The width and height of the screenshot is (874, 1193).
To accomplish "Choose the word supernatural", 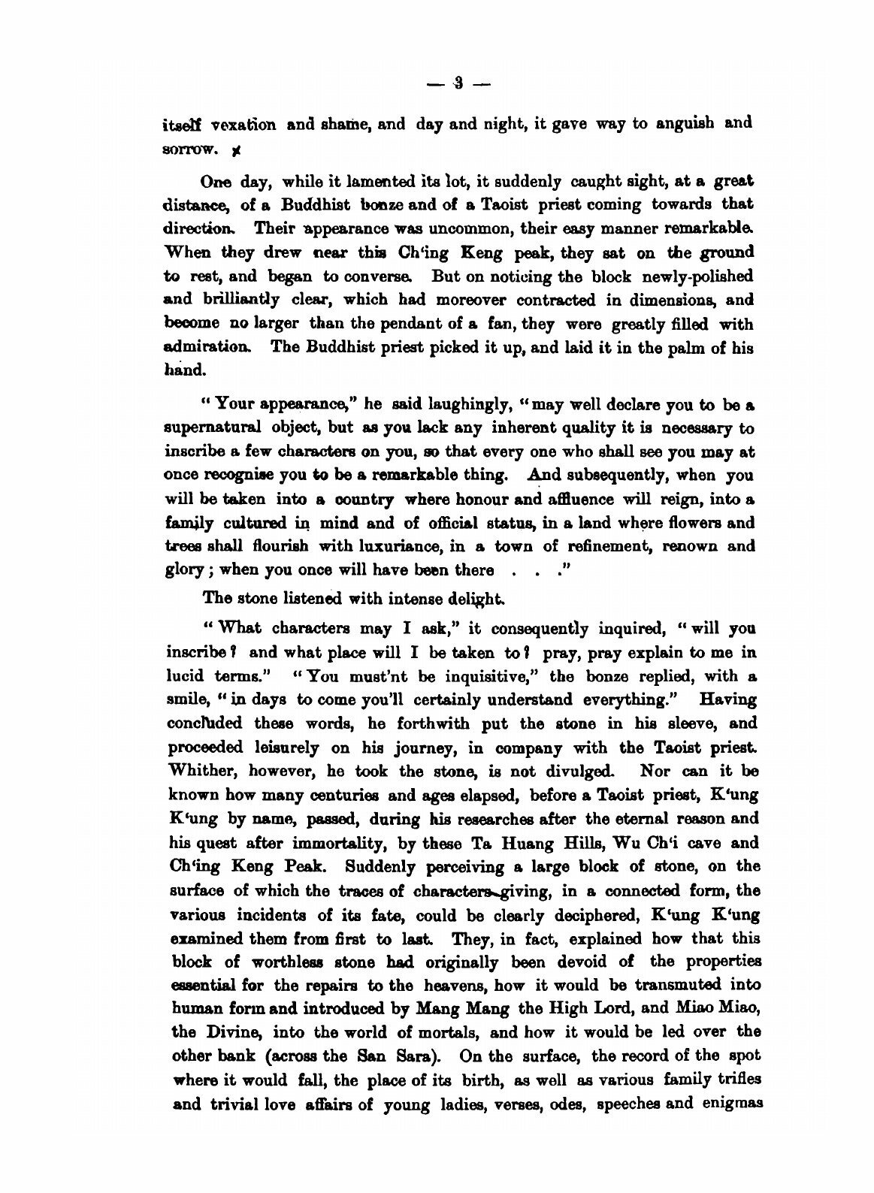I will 213,430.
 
